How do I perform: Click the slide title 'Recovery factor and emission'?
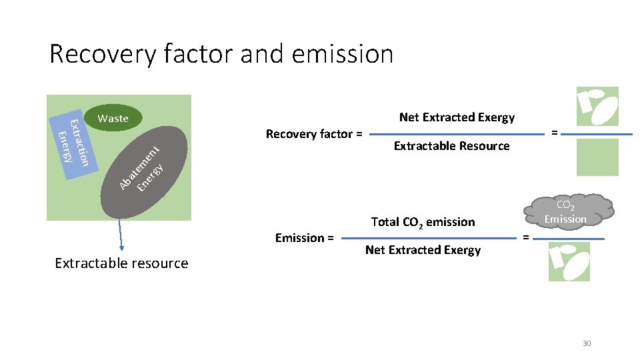tap(221, 53)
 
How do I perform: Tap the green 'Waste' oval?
tap(113, 118)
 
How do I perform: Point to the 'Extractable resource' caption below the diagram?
tap(121, 263)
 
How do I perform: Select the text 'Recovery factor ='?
tap(314, 134)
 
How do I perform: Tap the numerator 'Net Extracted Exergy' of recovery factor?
tap(457, 117)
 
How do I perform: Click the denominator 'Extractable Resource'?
tap(451, 146)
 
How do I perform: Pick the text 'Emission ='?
tap(305, 237)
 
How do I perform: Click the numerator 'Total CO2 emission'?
tap(423, 222)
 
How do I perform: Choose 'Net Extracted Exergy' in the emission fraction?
tap(423, 250)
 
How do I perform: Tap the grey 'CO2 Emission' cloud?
tap(565, 211)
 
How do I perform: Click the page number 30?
tap(587, 343)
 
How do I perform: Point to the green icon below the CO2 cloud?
tap(569, 261)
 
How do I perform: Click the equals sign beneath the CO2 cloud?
tap(526, 237)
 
